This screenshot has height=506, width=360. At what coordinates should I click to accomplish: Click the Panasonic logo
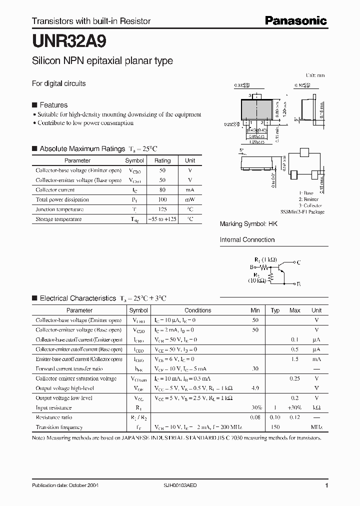[295, 20]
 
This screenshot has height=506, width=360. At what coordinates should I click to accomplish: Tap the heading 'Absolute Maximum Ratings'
[82, 148]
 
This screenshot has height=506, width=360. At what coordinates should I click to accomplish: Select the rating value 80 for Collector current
[162, 190]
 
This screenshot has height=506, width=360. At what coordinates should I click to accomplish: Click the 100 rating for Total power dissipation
[162, 199]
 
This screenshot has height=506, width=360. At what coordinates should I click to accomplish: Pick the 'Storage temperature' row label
[58, 219]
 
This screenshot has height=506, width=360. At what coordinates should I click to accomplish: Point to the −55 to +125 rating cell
[162, 219]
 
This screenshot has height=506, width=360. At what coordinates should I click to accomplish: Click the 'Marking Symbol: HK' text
[248, 224]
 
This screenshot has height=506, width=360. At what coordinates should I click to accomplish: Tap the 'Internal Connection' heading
[247, 239]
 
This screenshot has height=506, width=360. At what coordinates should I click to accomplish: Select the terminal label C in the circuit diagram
[298, 262]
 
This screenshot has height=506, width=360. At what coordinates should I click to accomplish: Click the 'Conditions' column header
[198, 310]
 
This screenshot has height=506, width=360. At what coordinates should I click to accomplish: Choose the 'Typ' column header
[275, 310]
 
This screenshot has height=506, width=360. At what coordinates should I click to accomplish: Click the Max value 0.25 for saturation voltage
[294, 378]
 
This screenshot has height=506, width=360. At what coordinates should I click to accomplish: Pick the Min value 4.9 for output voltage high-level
[255, 388]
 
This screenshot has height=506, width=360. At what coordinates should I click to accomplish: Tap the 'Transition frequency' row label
[59, 427]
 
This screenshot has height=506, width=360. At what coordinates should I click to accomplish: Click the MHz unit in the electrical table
[316, 427]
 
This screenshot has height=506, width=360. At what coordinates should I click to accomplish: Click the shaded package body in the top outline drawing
[257, 109]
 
